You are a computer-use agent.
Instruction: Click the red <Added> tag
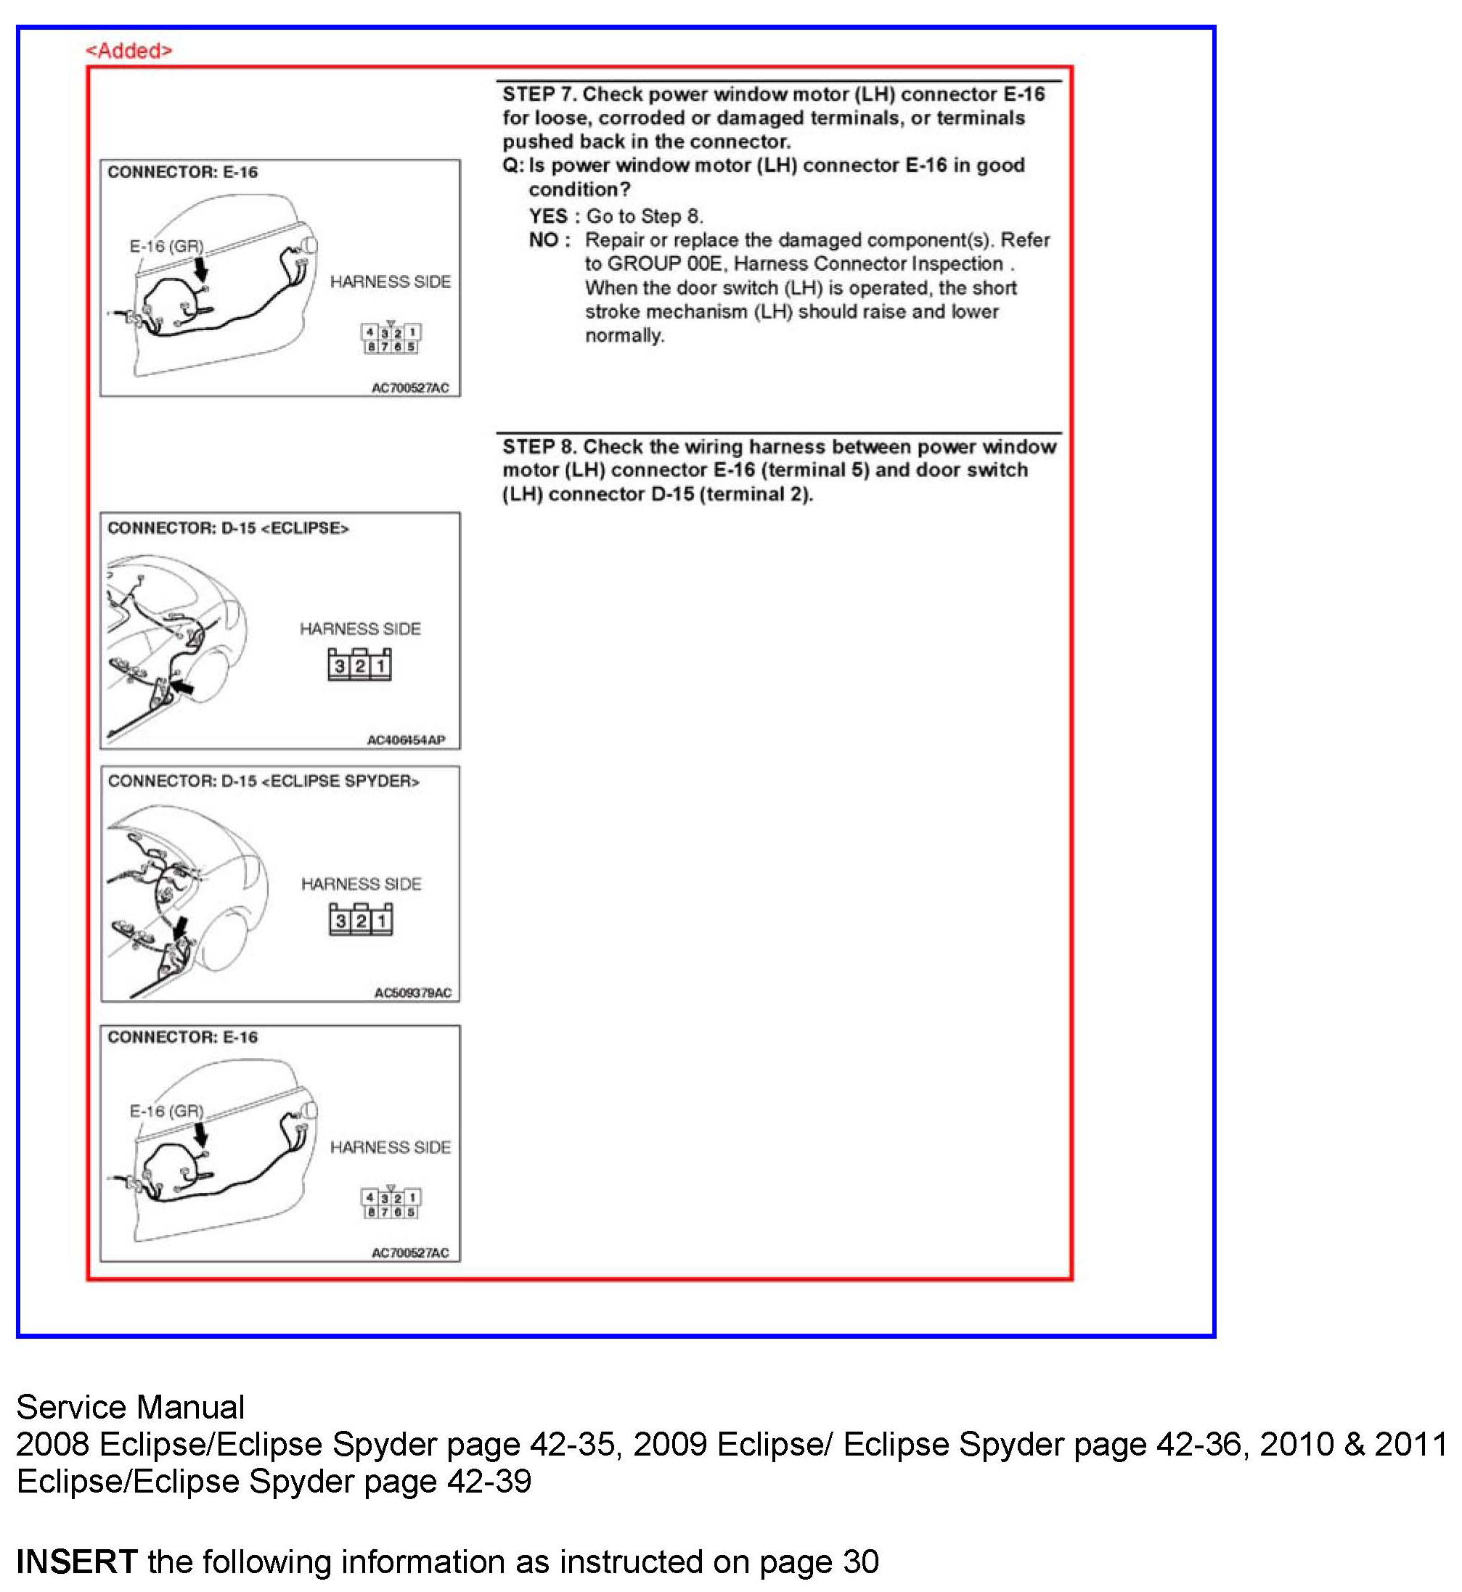coord(128,51)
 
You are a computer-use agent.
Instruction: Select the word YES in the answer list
coord(548,216)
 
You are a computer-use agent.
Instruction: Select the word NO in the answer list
coord(544,239)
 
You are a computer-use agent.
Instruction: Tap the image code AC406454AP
coord(405,740)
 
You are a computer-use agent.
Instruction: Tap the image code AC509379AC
coord(412,993)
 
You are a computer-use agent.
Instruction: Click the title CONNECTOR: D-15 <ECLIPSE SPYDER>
coord(264,781)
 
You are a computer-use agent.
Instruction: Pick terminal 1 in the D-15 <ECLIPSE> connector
coord(380,667)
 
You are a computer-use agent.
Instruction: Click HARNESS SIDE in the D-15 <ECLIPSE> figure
coord(360,628)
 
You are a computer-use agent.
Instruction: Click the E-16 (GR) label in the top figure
coord(166,247)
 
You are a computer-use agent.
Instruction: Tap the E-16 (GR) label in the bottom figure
coord(166,1112)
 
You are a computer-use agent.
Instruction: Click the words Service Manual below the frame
coord(131,1407)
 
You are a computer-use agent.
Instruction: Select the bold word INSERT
coord(77,1562)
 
